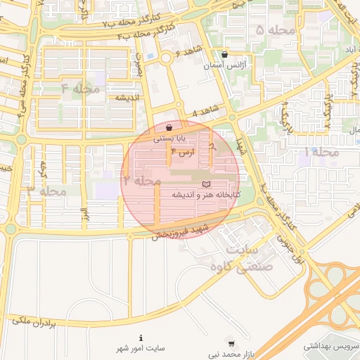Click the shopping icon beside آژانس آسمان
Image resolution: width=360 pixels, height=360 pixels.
coord(224,54)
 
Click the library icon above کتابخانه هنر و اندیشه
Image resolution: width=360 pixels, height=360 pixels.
coord(206,184)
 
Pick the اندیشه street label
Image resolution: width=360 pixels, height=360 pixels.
coord(130,97)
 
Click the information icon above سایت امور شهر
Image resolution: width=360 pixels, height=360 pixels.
coord(141,337)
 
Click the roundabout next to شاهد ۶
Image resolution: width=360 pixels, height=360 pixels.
coord(167,59)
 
